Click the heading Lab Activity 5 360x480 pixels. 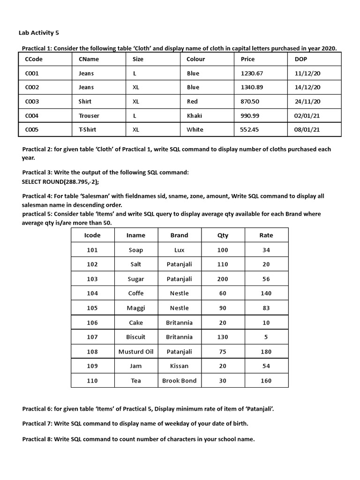(x=39, y=33)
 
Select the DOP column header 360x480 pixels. (x=301, y=59)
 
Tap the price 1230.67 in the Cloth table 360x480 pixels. (x=252, y=73)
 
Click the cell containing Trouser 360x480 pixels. (x=89, y=115)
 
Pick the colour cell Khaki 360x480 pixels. (x=194, y=115)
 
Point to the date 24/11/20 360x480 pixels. (x=307, y=101)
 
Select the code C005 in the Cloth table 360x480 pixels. (x=32, y=129)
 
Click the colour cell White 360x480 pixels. (x=195, y=129)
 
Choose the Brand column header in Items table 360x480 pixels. (x=179, y=235)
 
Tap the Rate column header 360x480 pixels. (x=266, y=235)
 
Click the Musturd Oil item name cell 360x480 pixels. (x=136, y=352)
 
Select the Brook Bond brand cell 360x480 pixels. (x=179, y=381)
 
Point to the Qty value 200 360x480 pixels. (x=223, y=279)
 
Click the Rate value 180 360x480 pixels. (x=266, y=352)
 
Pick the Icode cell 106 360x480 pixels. (x=92, y=322)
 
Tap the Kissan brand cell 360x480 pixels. (x=179, y=366)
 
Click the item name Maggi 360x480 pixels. (x=136, y=308)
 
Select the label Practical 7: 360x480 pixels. (x=37, y=424)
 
